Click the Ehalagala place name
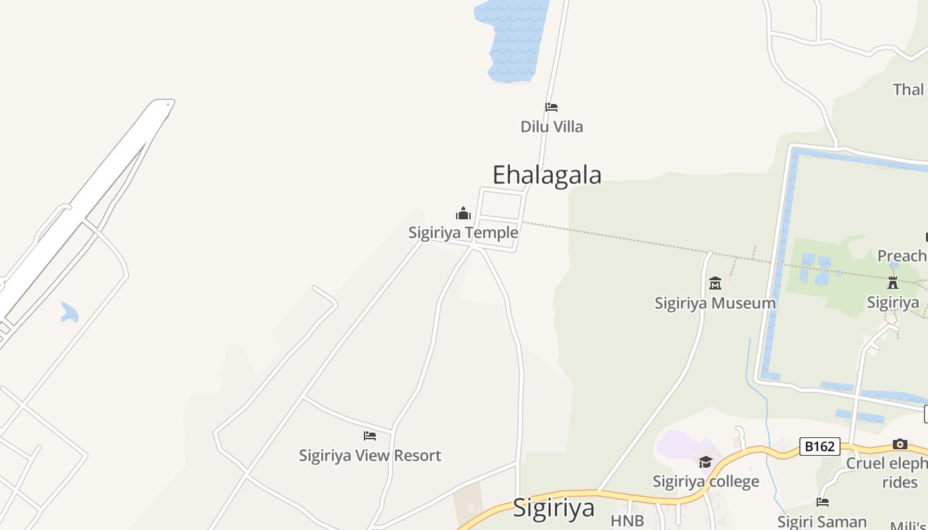(547, 175)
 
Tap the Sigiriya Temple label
(463, 233)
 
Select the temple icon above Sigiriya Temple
(463, 213)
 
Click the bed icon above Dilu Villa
(551, 107)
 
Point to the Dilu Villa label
(551, 127)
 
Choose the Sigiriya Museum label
(715, 303)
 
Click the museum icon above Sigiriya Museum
(715, 284)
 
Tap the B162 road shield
(819, 447)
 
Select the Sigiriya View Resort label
(370, 455)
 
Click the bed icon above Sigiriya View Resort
(370, 436)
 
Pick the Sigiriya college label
(705, 481)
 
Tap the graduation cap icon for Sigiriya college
(705, 462)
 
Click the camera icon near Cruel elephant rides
(899, 444)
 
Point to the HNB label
(627, 521)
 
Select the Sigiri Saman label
(822, 521)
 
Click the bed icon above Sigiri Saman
(823, 502)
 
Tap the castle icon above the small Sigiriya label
(893, 283)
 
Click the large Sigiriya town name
(553, 508)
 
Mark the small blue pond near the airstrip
(69, 312)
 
